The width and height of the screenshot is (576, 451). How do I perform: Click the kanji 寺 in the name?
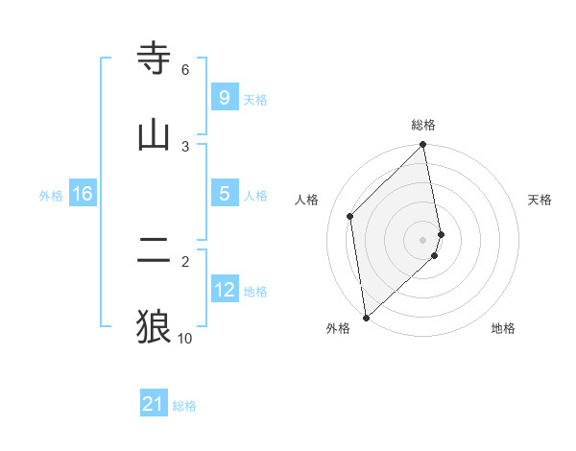click(155, 59)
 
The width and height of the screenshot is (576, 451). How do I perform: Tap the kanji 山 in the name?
click(155, 134)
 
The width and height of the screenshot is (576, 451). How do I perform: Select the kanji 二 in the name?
click(155, 251)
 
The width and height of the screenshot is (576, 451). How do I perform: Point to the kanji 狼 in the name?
click(155, 326)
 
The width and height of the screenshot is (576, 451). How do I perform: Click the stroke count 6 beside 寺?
click(185, 70)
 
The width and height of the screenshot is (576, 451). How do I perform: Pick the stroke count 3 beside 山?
click(185, 146)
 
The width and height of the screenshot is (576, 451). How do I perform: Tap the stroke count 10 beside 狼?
click(185, 338)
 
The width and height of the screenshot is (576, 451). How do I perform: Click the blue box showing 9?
click(224, 97)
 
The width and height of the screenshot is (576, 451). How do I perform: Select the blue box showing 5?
click(224, 194)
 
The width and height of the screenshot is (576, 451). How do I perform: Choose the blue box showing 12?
click(224, 290)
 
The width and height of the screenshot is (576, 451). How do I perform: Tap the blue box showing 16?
click(82, 194)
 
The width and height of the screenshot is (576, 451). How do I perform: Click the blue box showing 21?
click(154, 404)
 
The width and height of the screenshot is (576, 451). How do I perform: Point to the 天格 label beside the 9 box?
click(255, 99)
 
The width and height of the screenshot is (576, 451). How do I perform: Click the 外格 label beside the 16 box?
click(51, 196)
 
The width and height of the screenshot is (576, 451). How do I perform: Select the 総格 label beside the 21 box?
click(184, 406)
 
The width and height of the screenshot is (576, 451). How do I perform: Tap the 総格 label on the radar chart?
click(423, 125)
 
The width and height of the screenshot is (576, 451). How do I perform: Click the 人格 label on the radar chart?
click(307, 200)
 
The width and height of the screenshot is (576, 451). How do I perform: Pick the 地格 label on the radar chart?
click(503, 328)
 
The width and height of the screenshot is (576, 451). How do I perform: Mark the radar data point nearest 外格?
click(366, 317)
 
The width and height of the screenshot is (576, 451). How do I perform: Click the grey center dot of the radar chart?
click(423, 239)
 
